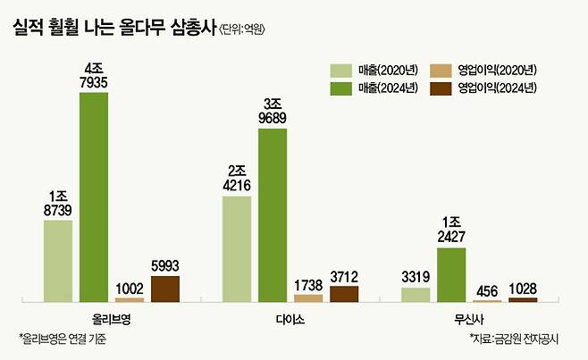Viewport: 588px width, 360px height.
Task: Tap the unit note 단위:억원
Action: point(243,29)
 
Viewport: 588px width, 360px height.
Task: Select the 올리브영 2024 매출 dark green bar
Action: point(94,197)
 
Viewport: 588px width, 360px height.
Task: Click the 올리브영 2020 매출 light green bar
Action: point(58,260)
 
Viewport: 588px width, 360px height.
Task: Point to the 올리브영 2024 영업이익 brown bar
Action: point(165,289)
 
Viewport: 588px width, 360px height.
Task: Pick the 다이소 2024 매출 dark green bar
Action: point(273,214)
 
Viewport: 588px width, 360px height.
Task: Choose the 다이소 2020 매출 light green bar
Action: point(237,248)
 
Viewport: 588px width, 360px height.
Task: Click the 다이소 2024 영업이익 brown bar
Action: point(344,293)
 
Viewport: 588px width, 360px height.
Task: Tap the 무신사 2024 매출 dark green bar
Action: point(451,274)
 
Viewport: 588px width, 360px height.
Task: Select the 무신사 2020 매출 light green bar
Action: point(416,294)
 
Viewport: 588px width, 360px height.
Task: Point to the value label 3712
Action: point(344,277)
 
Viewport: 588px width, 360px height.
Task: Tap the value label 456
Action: point(487,290)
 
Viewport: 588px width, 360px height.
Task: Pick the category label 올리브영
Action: point(113,318)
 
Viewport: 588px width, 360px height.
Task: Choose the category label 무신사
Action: point(469,318)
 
